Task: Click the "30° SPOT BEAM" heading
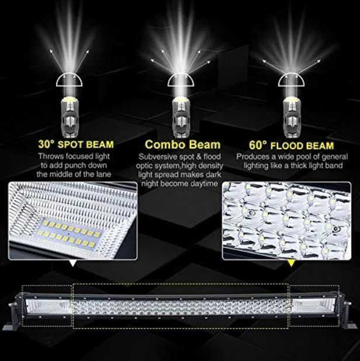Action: click(x=76, y=144)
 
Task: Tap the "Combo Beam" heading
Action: click(x=182, y=144)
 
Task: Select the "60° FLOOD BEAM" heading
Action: click(x=292, y=144)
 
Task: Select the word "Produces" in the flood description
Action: click(x=253, y=157)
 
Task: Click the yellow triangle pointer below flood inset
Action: click(x=290, y=264)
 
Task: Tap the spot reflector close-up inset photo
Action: click(x=73, y=220)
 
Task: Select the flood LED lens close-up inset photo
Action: click(x=286, y=220)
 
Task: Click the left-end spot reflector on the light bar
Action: click(x=48, y=305)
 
